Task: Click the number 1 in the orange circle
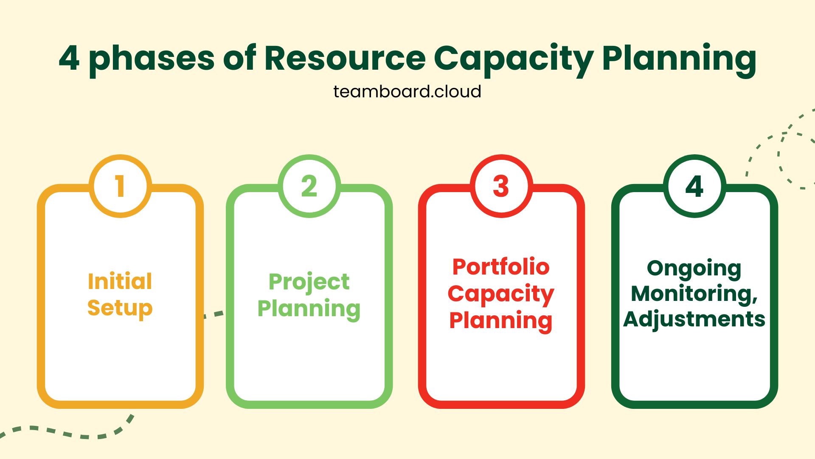[120, 186]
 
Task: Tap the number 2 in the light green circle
[309, 186]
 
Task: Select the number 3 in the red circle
[501, 186]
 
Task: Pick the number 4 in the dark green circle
[694, 186]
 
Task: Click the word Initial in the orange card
[120, 281]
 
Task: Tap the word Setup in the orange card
[120, 308]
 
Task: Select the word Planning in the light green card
[309, 309]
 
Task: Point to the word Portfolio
[501, 267]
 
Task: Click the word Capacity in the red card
[501, 294]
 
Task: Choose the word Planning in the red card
[501, 320]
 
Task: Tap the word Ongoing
[694, 269]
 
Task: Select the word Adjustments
[694, 319]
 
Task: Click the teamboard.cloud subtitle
[407, 91]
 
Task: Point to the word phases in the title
[152, 59]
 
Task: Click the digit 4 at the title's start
[69, 58]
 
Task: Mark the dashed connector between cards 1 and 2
[214, 314]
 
